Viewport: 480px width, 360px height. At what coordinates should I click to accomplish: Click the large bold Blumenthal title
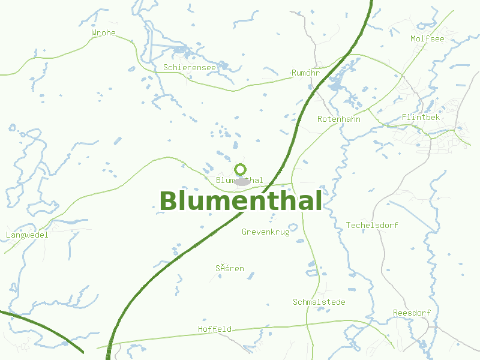pyautogui.click(x=241, y=201)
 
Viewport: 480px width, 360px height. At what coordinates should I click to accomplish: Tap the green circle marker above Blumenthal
pyautogui.click(x=241, y=169)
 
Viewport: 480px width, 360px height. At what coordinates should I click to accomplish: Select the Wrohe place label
pyautogui.click(x=103, y=32)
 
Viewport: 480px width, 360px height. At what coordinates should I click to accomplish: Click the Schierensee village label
pyautogui.click(x=189, y=68)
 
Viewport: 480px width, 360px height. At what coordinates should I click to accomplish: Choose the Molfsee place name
pyautogui.click(x=428, y=38)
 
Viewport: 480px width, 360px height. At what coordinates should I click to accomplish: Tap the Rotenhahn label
pyautogui.click(x=338, y=119)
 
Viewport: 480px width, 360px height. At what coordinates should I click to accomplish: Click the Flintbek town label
pyautogui.click(x=421, y=117)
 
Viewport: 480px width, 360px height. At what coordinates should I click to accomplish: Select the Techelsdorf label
pyautogui.click(x=372, y=225)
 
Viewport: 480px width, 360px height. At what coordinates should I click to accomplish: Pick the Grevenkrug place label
pyautogui.click(x=265, y=232)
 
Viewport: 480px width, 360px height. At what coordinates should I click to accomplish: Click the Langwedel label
pyautogui.click(x=26, y=235)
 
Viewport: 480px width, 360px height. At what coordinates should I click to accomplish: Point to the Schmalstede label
pyautogui.click(x=319, y=302)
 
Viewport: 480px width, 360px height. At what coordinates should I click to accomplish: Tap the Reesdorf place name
pyautogui.click(x=412, y=313)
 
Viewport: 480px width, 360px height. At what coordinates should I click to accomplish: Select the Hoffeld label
pyautogui.click(x=215, y=329)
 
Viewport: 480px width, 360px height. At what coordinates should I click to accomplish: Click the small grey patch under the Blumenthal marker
pyautogui.click(x=242, y=182)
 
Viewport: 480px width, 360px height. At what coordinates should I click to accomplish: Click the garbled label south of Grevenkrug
pyautogui.click(x=230, y=268)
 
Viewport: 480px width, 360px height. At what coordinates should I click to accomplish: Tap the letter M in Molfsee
pyautogui.click(x=413, y=38)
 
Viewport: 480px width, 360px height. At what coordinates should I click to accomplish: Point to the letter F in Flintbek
pyautogui.click(x=404, y=117)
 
